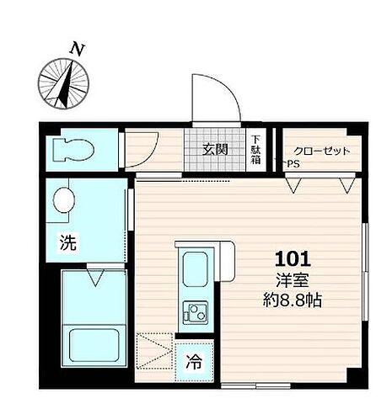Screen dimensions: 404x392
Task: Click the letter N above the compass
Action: point(78,49)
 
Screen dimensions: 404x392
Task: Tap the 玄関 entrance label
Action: point(215,151)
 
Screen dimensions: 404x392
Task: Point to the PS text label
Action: point(293,164)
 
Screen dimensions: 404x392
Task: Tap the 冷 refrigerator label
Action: point(193,364)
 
